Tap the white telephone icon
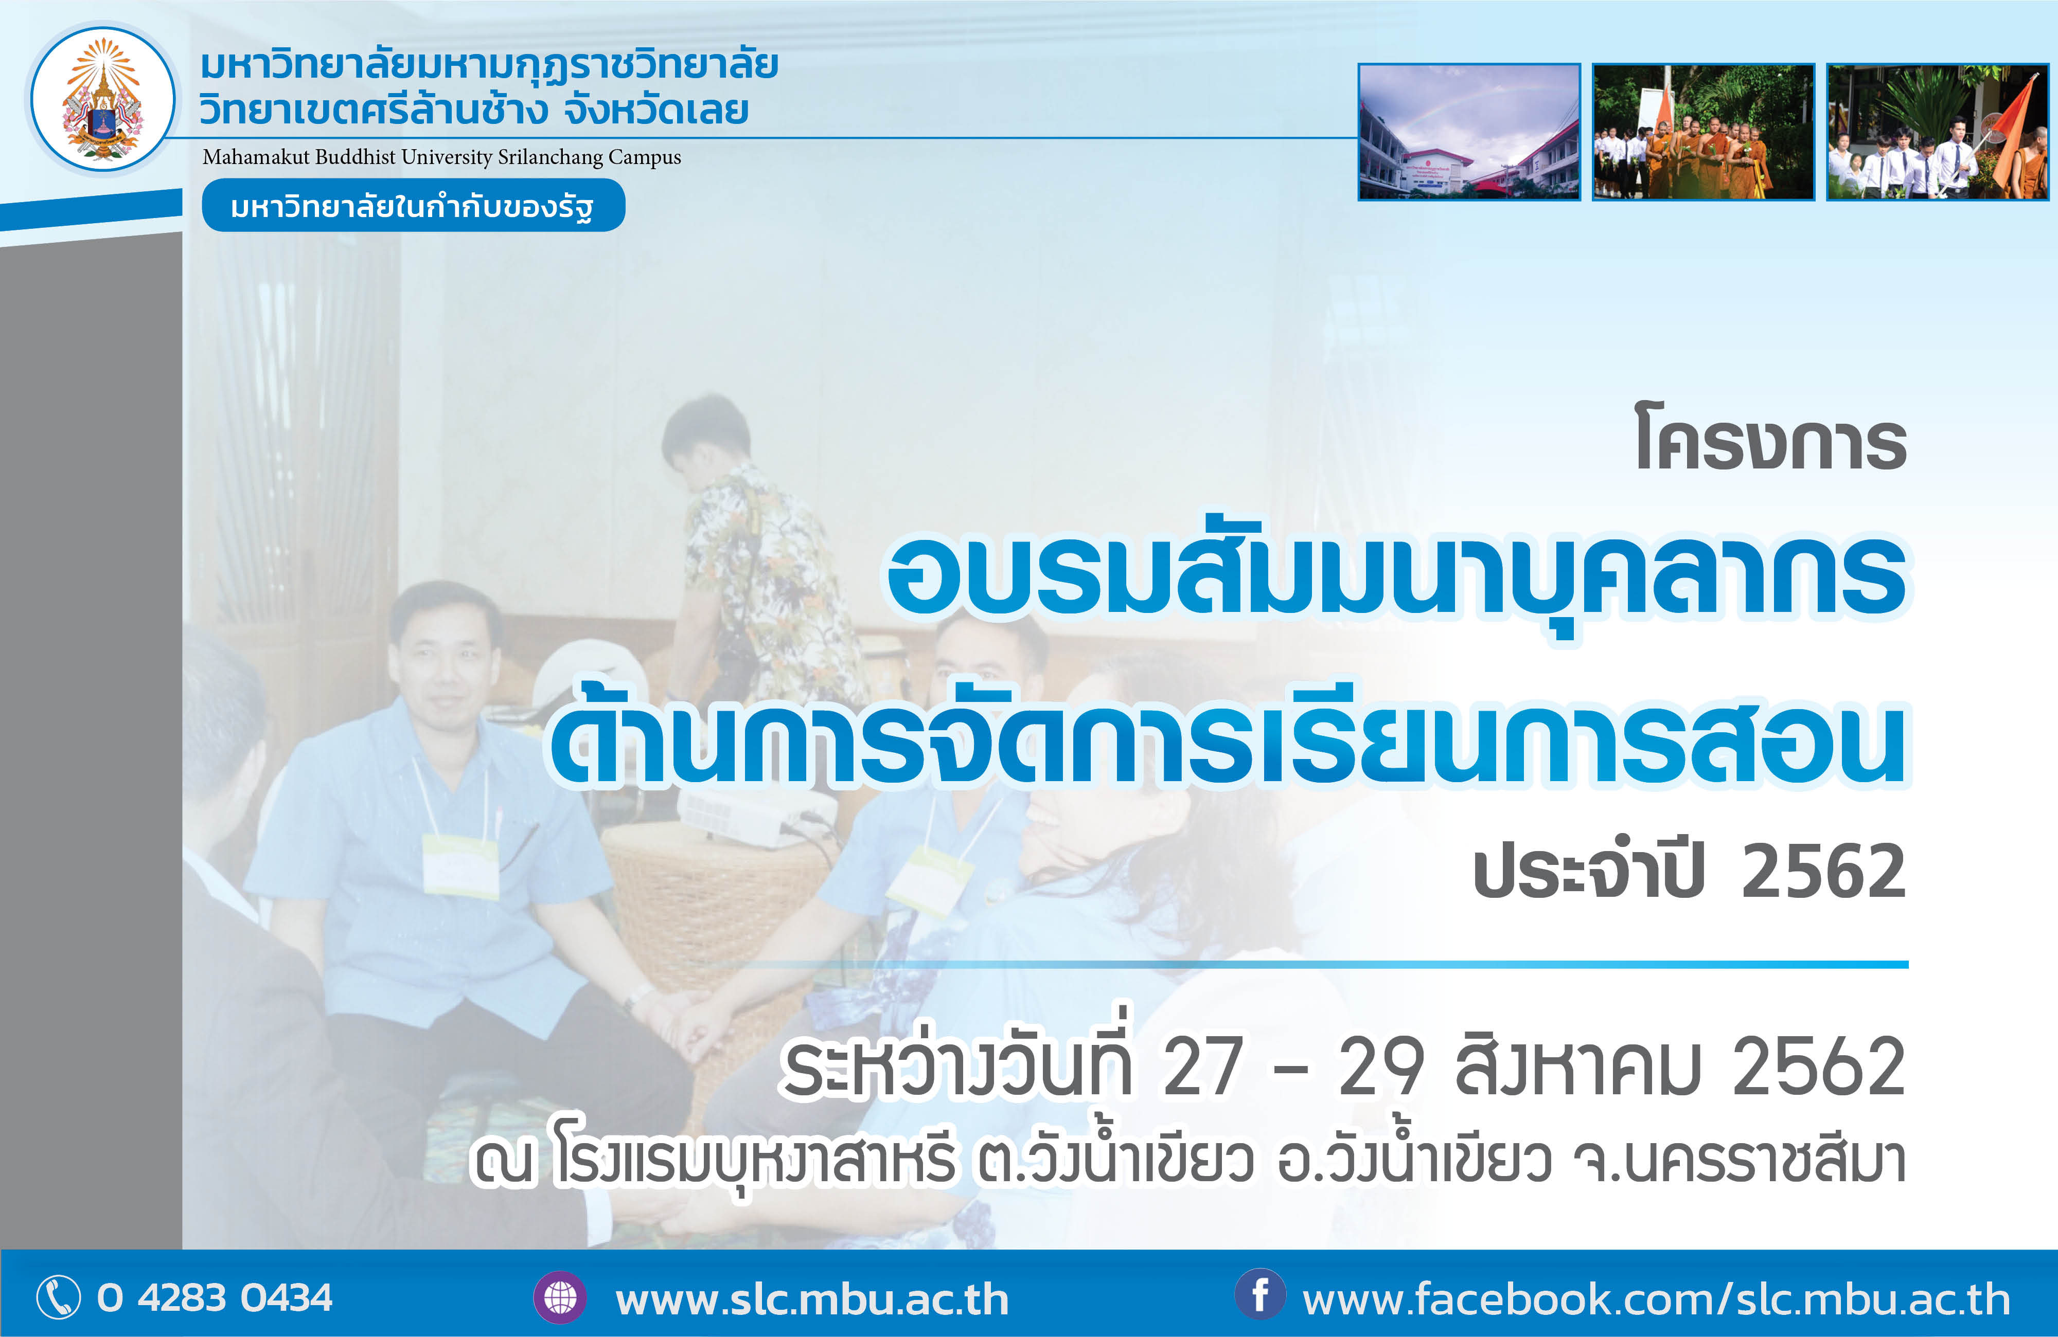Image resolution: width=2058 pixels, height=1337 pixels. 58,1297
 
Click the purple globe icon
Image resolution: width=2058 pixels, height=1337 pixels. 560,1297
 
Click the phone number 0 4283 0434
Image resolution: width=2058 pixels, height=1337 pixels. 215,1298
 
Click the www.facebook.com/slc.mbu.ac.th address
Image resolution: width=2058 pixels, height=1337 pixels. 1656,1299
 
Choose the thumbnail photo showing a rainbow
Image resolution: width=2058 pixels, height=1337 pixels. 1469,131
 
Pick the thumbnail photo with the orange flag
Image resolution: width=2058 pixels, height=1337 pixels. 1938,131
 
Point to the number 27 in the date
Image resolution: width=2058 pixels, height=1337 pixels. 1203,1068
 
